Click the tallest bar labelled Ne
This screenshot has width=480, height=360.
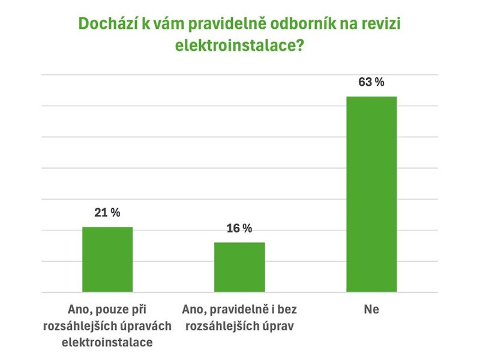(x=371, y=194)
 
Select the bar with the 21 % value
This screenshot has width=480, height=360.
(x=107, y=260)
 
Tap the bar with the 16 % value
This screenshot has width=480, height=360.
(x=239, y=267)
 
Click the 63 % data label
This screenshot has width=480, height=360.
(x=371, y=82)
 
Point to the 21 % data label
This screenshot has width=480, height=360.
(x=107, y=212)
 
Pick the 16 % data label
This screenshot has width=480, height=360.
(x=239, y=228)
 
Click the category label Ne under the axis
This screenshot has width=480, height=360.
(x=371, y=309)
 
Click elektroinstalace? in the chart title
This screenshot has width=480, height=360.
(x=239, y=46)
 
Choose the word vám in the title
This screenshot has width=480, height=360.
(x=169, y=23)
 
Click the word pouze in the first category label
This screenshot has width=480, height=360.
(x=112, y=310)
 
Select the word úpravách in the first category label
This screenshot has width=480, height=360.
(x=145, y=326)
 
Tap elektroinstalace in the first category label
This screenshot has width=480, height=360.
(x=107, y=342)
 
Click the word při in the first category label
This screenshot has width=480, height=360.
(x=139, y=310)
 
